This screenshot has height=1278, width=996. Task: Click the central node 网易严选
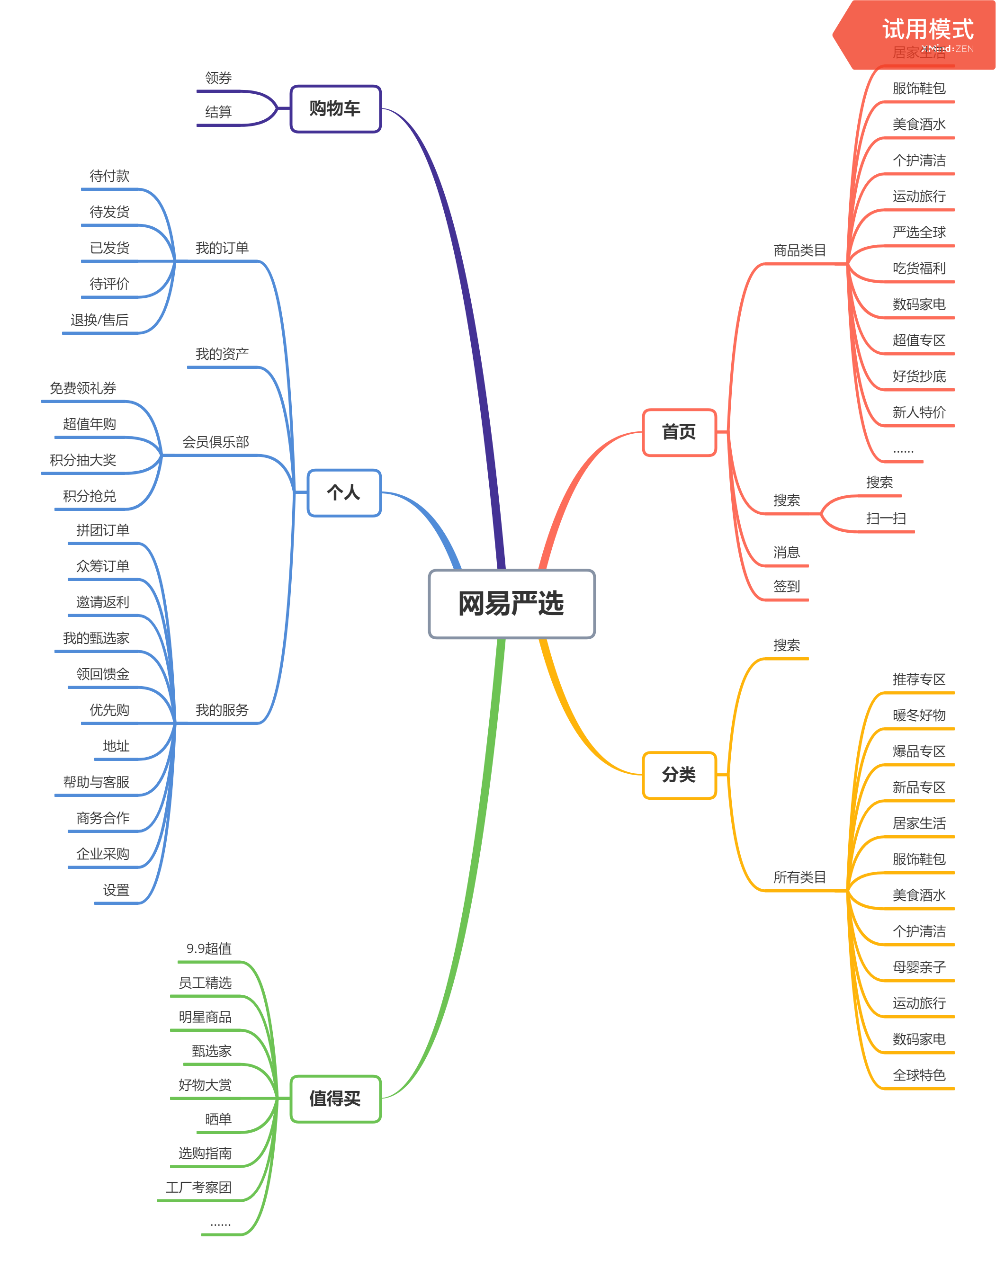pyautogui.click(x=511, y=604)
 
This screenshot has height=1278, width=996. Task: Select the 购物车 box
pyautogui.click(x=335, y=109)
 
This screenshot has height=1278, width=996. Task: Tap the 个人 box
pyautogui.click(x=344, y=493)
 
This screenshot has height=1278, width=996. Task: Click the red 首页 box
pyautogui.click(x=679, y=432)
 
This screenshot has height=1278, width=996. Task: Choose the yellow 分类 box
pyautogui.click(x=679, y=775)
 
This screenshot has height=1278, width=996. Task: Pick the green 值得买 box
pyautogui.click(x=335, y=1099)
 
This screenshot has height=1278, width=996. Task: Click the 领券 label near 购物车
pyautogui.click(x=218, y=78)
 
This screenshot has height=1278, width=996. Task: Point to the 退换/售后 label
pyautogui.click(x=99, y=320)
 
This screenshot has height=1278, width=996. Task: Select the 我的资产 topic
pyautogui.click(x=222, y=354)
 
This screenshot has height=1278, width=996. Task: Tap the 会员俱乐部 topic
pyautogui.click(x=215, y=442)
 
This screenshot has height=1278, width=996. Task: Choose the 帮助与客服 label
pyautogui.click(x=96, y=782)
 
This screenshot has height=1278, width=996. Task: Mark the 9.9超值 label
pyautogui.click(x=209, y=948)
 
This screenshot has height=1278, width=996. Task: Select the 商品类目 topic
pyautogui.click(x=799, y=250)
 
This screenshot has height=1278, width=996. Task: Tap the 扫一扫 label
pyautogui.click(x=886, y=518)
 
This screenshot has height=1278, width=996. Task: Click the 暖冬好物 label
pyautogui.click(x=919, y=715)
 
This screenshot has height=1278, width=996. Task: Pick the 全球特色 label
pyautogui.click(x=919, y=1075)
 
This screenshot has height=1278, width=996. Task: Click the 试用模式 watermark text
pyautogui.click(x=927, y=29)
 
